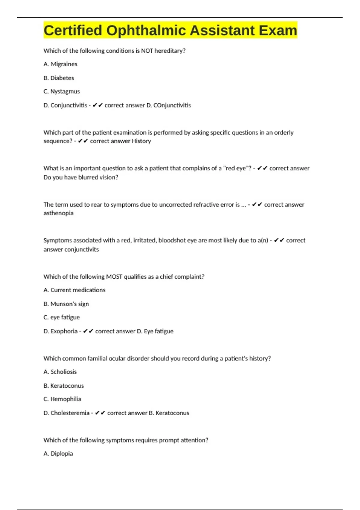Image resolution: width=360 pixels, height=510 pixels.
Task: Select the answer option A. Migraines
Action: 60,64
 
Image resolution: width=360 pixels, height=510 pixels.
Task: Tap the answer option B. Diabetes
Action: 59,78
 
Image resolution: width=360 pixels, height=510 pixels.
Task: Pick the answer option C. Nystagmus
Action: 62,91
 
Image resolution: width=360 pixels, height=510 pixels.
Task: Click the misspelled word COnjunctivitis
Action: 172,105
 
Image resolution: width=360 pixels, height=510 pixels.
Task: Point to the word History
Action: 141,141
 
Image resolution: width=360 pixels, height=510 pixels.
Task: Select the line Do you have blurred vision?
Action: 81,177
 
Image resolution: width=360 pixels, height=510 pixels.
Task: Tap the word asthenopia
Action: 58,213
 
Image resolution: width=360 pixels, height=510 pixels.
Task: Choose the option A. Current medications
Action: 74,290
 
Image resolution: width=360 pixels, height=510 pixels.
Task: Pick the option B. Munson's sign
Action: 66,304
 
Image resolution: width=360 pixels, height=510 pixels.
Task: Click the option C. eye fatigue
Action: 62,317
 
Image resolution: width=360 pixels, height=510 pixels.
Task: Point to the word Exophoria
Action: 64,331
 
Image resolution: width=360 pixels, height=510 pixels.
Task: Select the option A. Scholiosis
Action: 60,372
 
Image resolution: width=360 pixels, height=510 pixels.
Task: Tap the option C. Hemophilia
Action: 62,399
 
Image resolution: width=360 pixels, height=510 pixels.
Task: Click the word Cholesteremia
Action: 70,413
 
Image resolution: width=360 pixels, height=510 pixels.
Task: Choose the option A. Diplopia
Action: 58,454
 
